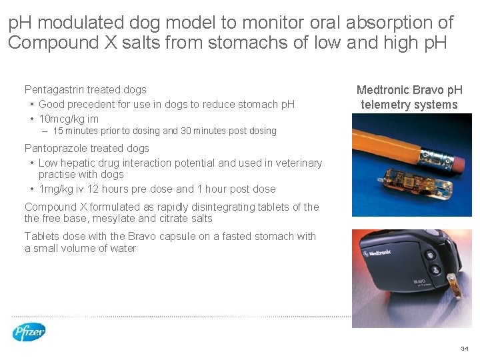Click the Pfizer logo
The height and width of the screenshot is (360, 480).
[29, 331]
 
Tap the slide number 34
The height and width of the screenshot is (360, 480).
[464, 349]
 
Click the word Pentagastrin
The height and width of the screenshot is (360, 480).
[55, 89]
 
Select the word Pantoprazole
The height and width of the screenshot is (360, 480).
[55, 148]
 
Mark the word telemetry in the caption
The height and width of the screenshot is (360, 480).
[387, 105]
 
